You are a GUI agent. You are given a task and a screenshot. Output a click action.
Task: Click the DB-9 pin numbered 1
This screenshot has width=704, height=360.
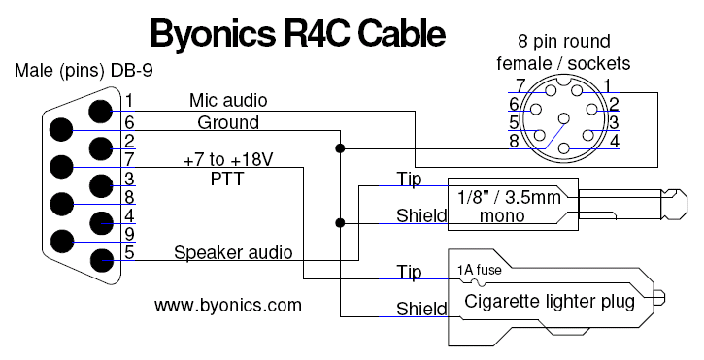coord(100,111)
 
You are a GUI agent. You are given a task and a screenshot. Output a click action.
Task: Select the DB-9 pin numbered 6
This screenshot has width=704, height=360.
coord(60,130)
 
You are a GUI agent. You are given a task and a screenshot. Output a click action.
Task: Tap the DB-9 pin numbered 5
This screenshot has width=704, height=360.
coord(102,261)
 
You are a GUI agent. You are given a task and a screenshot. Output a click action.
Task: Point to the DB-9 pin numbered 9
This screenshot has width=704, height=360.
coord(61,242)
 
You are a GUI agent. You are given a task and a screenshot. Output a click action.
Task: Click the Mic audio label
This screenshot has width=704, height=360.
coord(228,100)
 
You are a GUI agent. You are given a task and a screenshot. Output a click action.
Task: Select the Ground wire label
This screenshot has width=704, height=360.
coord(228,122)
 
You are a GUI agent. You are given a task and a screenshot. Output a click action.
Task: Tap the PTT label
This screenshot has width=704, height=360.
coord(227,179)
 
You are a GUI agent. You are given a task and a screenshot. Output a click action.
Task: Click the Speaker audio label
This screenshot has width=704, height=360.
coord(233,252)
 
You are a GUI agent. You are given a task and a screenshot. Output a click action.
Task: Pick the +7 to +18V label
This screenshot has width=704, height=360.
coord(228,159)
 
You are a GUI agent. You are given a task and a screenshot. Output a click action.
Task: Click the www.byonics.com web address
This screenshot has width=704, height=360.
coord(228,306)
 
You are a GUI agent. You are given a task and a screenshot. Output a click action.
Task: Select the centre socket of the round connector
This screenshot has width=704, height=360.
coord(564,119)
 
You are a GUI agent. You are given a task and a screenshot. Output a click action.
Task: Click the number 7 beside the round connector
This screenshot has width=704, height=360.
coord(520,85)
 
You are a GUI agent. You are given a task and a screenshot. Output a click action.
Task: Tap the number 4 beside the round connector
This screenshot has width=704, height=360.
coord(615,141)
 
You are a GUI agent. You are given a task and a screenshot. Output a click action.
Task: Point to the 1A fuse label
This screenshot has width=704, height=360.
coord(479,270)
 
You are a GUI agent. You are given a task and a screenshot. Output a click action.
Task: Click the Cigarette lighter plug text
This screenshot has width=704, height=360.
coord(550,301)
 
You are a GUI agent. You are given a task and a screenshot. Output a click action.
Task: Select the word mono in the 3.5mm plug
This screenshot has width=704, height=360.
coord(502,216)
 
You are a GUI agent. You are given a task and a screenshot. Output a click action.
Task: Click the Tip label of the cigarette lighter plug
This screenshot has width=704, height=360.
coord(409,272)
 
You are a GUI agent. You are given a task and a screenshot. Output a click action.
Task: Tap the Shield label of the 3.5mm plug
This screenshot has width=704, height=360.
coord(421,216)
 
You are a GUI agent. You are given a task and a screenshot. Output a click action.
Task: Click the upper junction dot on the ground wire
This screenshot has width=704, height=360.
coord(340,148)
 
